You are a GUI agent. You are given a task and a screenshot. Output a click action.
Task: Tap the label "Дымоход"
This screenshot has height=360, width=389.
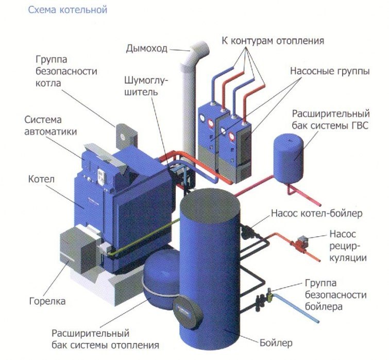pos(147,49)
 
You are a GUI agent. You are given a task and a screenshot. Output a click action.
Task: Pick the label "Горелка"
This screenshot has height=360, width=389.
pos(48,301)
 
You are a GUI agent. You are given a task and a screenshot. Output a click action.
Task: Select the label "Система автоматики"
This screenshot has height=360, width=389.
pos(50,125)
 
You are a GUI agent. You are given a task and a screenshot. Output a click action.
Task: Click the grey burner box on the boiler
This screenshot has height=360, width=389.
pos(77,250)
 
